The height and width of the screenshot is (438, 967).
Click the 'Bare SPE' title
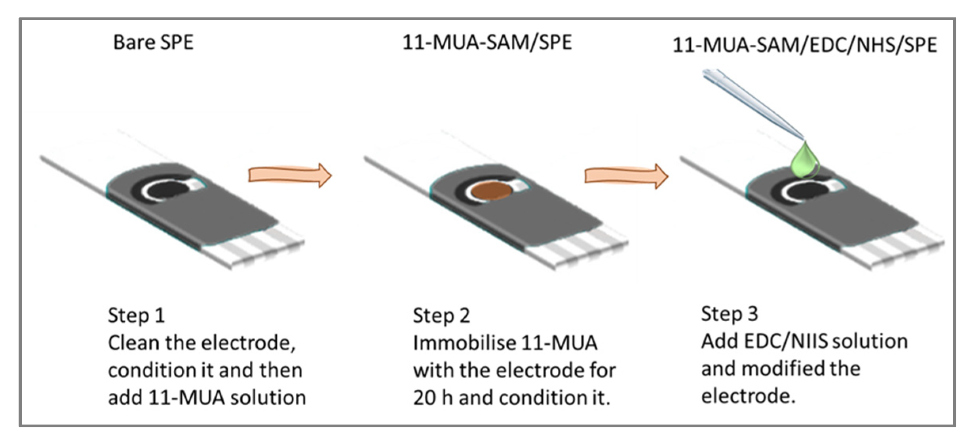(153, 43)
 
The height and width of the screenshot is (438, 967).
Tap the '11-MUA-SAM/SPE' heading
(487, 43)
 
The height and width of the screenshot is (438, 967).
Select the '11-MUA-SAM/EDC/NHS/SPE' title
(804, 45)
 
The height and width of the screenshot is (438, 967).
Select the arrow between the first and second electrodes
(289, 175)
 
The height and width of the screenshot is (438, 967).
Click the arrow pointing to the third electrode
(626, 176)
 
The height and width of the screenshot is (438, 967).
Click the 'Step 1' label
(136, 316)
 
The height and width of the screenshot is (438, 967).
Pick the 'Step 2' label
(441, 316)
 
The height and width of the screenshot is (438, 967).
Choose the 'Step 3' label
(729, 314)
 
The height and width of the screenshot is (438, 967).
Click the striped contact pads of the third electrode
(899, 249)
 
